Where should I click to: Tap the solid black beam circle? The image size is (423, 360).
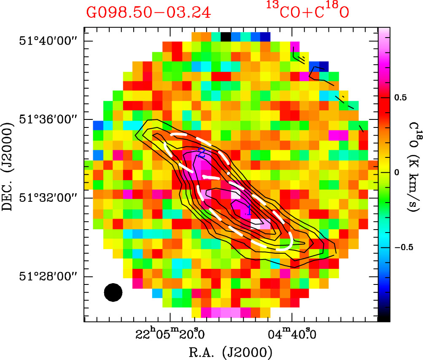(113, 292)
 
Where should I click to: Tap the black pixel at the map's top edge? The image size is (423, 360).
(226, 36)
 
